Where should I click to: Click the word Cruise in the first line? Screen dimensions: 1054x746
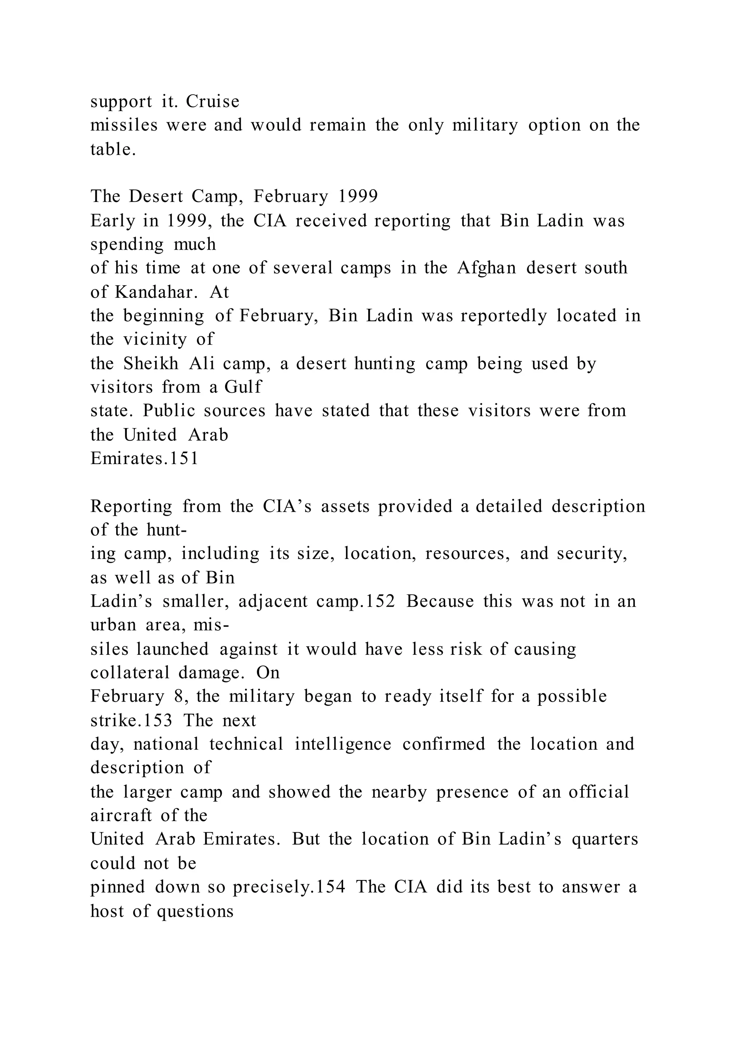pyautogui.click(x=213, y=102)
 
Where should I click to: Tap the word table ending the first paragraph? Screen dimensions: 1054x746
pyautogui.click(x=113, y=149)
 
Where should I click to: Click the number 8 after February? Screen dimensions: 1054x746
pyautogui.click(x=179, y=696)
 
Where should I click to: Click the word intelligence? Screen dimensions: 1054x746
pyautogui.click(x=343, y=744)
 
